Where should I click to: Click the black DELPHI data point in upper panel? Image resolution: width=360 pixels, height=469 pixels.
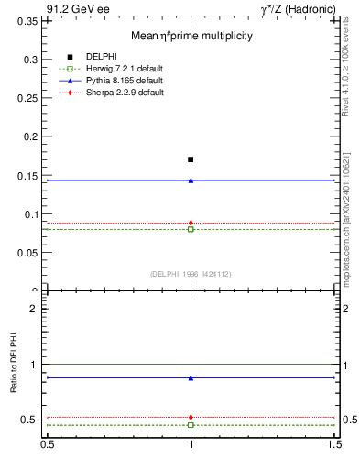coord(191,159)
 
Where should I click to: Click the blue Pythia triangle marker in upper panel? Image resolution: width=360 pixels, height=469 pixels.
coord(191,180)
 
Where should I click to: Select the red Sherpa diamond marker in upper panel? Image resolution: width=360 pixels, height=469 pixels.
coord(191,223)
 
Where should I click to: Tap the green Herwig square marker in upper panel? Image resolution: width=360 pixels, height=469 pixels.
coord(191,229)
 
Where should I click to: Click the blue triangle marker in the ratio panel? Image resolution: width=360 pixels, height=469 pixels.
coord(191,377)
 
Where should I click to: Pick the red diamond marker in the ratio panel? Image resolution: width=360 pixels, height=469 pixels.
coord(191,417)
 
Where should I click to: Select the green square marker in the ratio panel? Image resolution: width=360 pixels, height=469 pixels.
coord(191,425)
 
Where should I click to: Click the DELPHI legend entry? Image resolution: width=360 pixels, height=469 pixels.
coord(102,57)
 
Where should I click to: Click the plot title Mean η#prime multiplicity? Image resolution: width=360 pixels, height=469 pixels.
coord(191,36)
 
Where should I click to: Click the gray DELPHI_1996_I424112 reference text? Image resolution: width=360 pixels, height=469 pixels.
coord(191,273)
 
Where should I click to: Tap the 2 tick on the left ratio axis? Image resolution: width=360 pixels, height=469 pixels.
coord(35,310)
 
